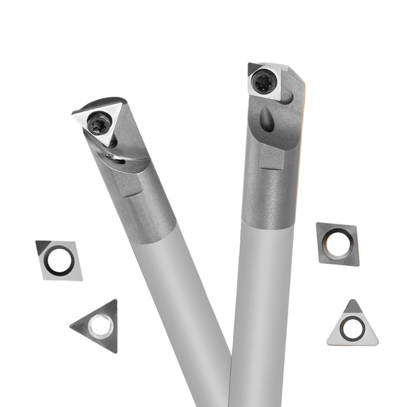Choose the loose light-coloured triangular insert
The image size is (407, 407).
[352, 325]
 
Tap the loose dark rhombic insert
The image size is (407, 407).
[338, 243]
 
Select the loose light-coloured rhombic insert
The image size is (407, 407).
[59, 260]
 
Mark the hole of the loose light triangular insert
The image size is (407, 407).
[351, 327]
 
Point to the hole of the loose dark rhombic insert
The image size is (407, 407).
[338, 243]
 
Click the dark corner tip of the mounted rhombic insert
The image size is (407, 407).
[251, 67]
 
